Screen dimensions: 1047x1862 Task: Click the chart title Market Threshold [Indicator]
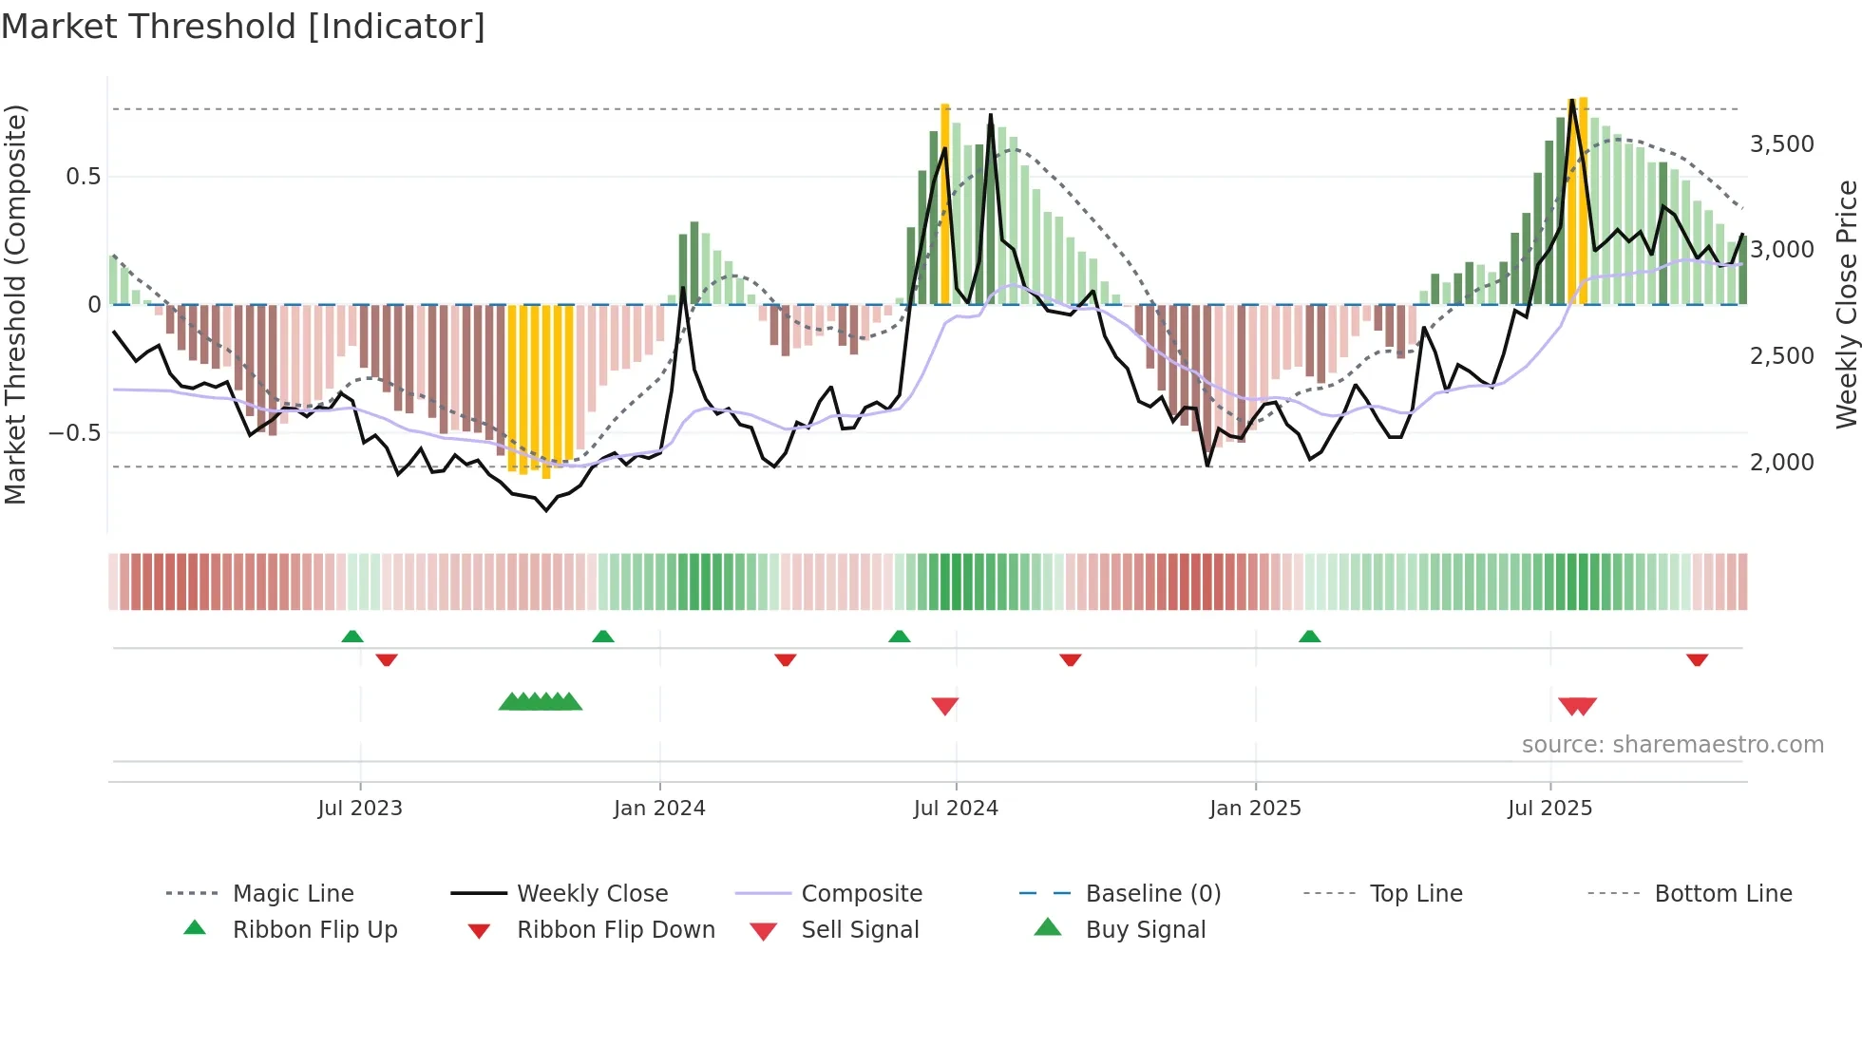pyautogui.click(x=243, y=27)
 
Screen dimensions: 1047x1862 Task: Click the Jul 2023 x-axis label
pyautogui.click(x=360, y=808)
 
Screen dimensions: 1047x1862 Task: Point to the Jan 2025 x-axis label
pyautogui.click(x=1255, y=808)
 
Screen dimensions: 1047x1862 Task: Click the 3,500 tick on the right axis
pyautogui.click(x=1781, y=144)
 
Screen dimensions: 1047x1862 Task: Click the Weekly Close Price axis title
pyautogui.click(x=1846, y=304)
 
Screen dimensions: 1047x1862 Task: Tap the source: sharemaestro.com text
pyautogui.click(x=1672, y=745)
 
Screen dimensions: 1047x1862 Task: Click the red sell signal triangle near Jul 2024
pyautogui.click(x=945, y=706)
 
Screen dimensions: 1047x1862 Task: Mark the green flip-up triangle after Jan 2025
pyautogui.click(x=1310, y=636)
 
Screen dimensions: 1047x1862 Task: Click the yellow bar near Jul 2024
pyautogui.click(x=945, y=204)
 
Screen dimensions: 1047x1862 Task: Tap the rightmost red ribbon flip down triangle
pyautogui.click(x=1698, y=659)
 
